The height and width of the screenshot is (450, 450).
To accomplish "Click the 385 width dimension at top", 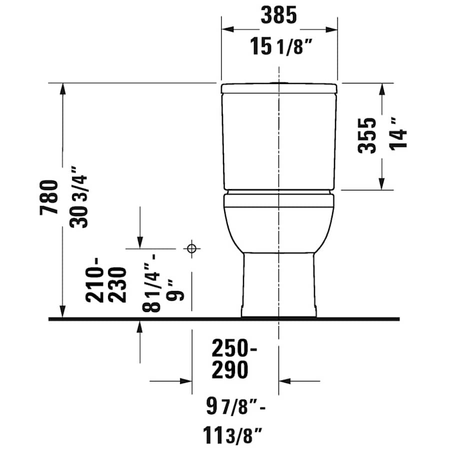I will [278, 16].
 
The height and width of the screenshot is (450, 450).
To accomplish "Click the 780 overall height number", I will [51, 197].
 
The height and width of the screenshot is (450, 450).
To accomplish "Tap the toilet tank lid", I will [279, 88].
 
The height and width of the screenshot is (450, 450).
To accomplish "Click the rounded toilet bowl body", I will [279, 225].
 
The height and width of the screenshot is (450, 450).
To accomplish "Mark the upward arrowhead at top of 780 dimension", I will [62, 88].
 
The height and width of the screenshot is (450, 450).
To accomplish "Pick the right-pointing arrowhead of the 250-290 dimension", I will [186, 381].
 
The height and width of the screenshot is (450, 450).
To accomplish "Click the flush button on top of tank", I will [278, 82].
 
